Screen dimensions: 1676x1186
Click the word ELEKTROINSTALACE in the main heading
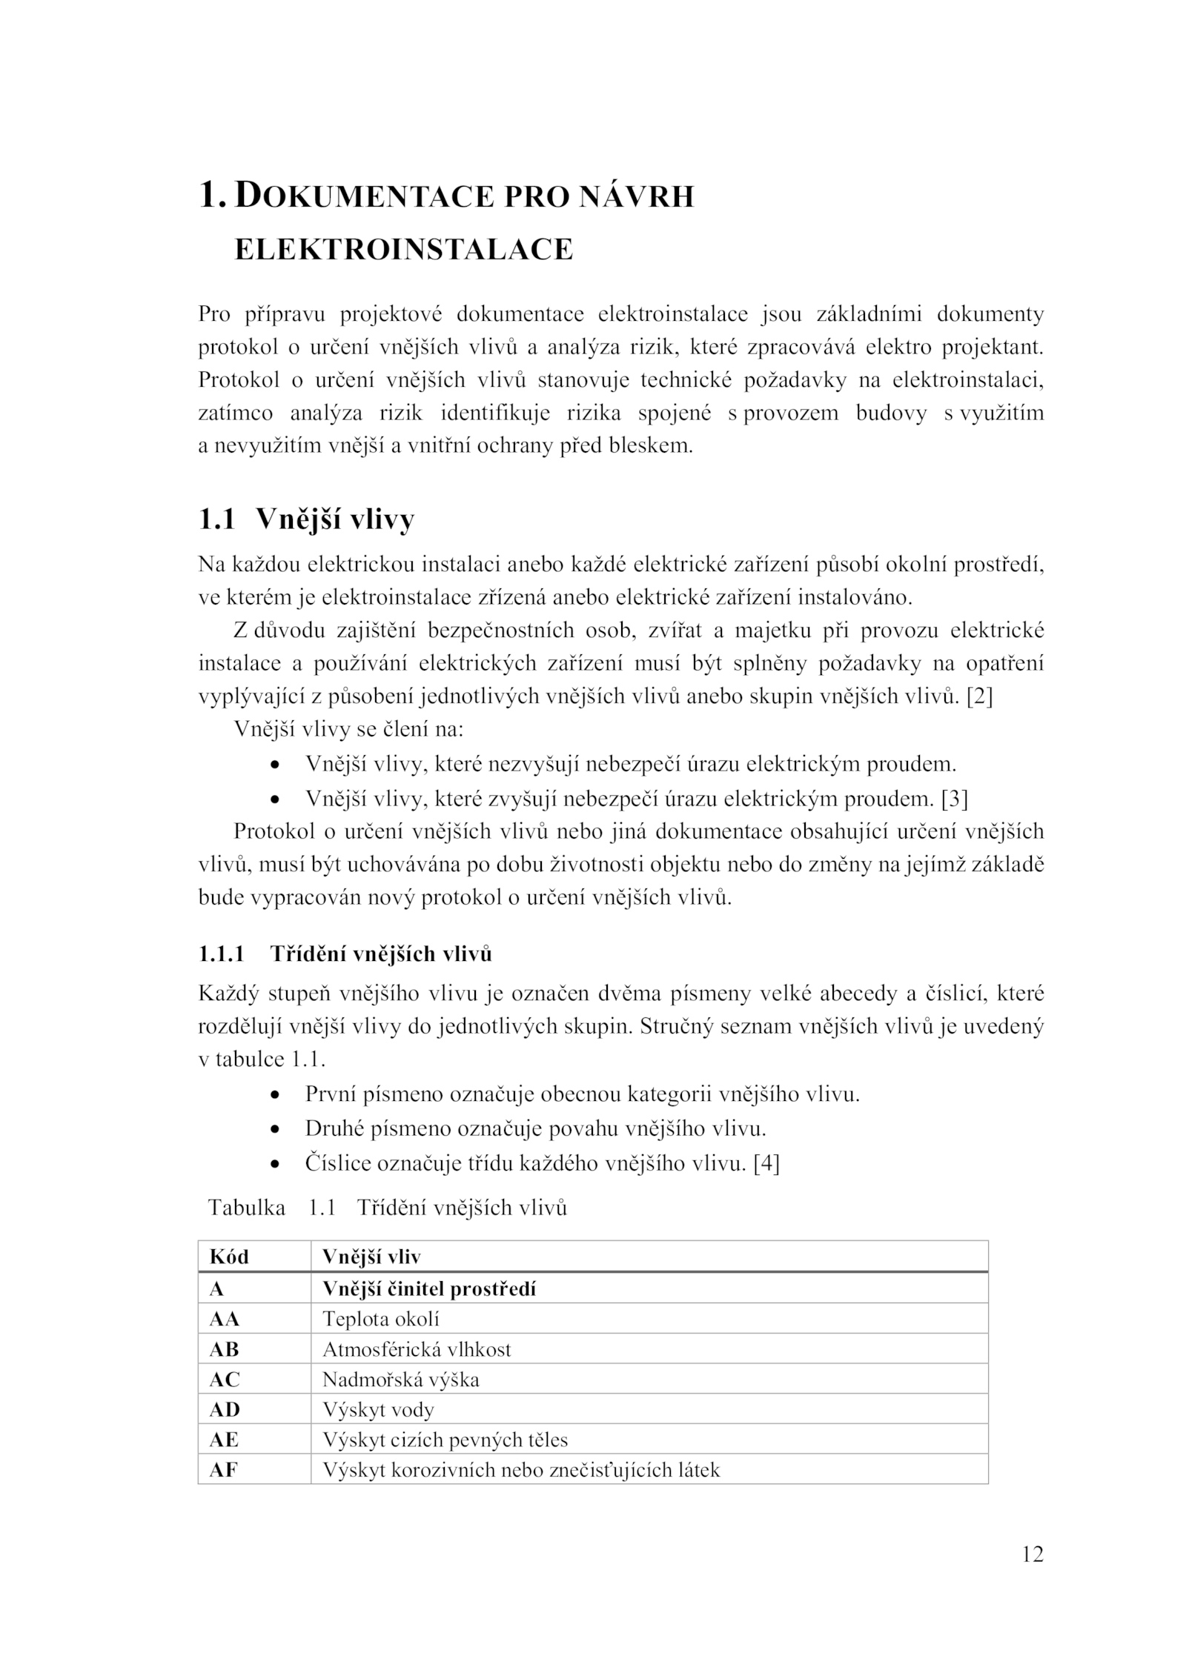(404, 250)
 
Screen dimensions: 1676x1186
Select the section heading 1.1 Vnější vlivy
(306, 519)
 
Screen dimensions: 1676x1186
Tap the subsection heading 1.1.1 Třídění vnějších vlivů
(345, 954)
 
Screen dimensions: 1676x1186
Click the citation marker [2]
(979, 697)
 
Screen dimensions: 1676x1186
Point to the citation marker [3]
(955, 799)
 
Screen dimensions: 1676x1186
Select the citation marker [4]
(766, 1163)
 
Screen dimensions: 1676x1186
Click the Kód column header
(229, 1257)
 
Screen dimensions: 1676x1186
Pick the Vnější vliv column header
(371, 1257)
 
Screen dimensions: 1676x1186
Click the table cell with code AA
(225, 1319)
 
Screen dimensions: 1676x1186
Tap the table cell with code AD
(225, 1409)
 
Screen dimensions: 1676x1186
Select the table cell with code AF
(224, 1470)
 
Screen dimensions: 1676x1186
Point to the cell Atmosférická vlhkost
(417, 1349)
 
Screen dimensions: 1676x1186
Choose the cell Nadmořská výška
(401, 1380)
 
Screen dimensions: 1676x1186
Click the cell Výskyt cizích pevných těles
(445, 1440)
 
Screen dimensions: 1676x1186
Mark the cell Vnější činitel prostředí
(429, 1289)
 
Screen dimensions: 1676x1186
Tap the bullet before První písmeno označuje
(276, 1095)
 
